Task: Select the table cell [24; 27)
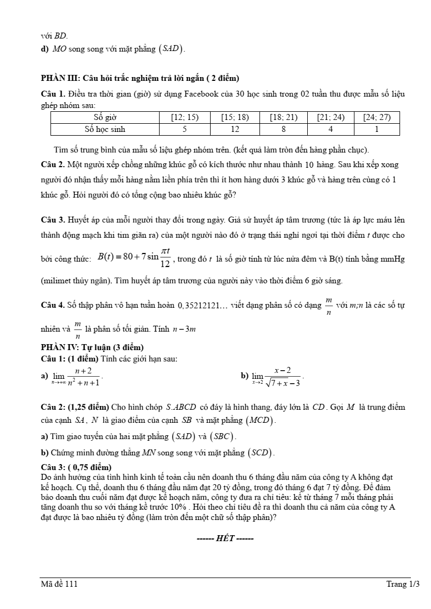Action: [377, 117]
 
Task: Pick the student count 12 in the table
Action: [235, 129]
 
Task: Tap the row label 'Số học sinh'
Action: [105, 129]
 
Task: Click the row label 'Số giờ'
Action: [105, 117]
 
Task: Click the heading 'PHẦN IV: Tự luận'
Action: [92, 347]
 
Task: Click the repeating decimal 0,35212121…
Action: [202, 306]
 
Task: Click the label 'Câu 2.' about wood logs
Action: [53, 164]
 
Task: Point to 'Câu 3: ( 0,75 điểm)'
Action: [76, 467]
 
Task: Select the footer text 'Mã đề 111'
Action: [59, 584]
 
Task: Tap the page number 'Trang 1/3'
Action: [403, 584]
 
